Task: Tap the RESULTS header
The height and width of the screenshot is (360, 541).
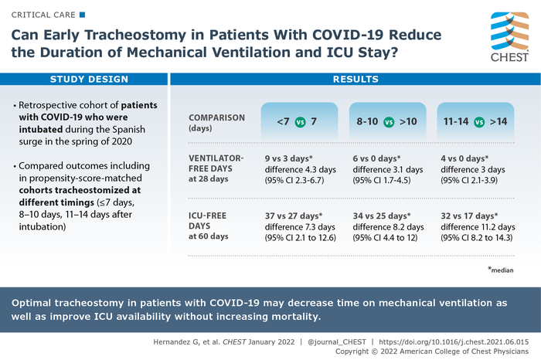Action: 355,80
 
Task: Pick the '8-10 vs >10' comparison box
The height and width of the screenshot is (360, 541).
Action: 388,122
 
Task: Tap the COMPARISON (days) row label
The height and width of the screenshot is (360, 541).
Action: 217,122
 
